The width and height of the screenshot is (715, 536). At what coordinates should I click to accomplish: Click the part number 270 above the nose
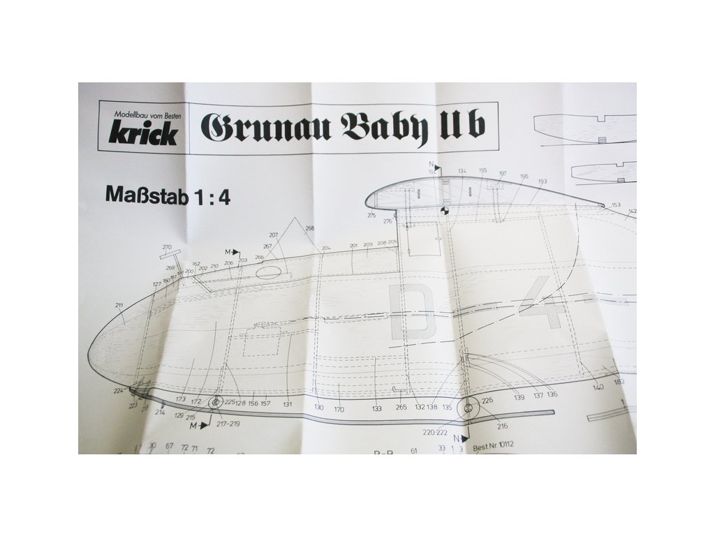167,247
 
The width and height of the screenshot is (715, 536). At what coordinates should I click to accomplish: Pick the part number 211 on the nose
119,306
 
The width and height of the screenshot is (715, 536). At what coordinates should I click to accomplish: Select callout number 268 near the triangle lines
309,228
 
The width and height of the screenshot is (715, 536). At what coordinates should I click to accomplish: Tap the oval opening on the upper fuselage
269,272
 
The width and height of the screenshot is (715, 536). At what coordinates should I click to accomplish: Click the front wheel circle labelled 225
212,402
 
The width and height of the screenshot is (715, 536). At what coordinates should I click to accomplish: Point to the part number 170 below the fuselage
339,408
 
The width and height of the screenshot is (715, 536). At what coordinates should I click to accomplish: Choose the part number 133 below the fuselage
377,408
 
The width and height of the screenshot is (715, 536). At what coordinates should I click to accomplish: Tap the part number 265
401,408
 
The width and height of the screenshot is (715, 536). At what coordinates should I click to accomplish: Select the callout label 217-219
228,423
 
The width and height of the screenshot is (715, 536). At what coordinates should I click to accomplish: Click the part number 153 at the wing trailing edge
616,205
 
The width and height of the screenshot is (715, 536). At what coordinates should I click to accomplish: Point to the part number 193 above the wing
542,181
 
